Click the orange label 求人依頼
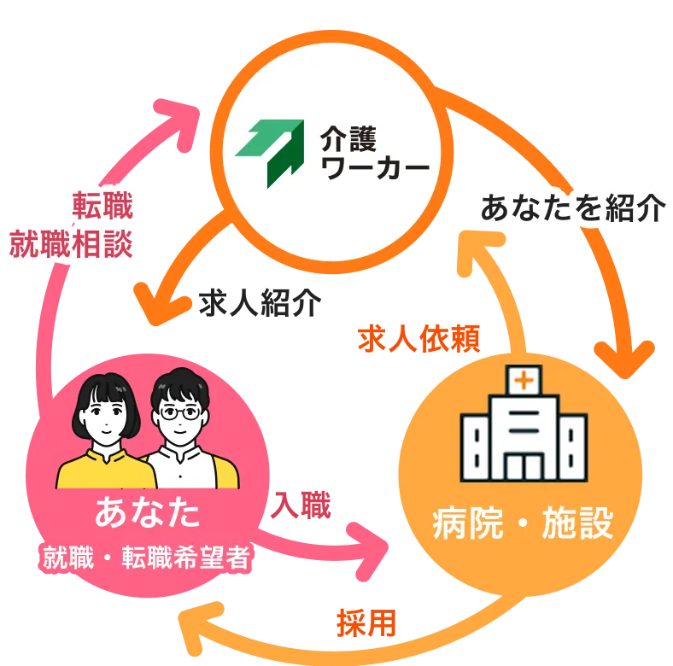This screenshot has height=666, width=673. (419, 339)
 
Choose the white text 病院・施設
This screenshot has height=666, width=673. (523, 523)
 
